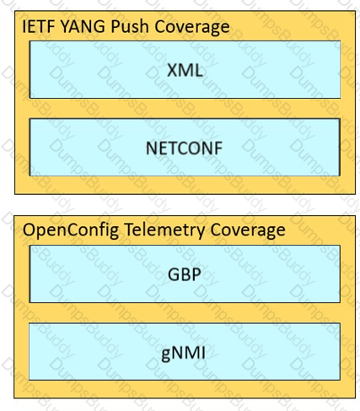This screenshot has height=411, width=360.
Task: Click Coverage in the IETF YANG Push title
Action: pos(192,28)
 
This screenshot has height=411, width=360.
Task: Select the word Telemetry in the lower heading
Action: pos(164,230)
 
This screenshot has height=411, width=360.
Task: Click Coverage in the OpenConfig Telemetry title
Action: pos(248,230)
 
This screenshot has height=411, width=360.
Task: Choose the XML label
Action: pos(185,70)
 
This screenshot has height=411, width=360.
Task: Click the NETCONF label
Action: pos(185,148)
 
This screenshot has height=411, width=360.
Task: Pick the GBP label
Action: pos(185,274)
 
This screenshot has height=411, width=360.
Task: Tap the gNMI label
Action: pos(183,353)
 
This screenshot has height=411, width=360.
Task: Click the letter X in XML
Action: pos(173,70)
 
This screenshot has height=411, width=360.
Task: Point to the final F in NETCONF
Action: pos(218,148)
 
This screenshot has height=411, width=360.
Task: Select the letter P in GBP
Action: pos(196,274)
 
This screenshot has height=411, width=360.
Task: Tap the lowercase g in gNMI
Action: pos(166,355)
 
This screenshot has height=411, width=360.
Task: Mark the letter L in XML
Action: pos(199,70)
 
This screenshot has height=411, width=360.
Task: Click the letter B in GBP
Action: pos(185,274)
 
